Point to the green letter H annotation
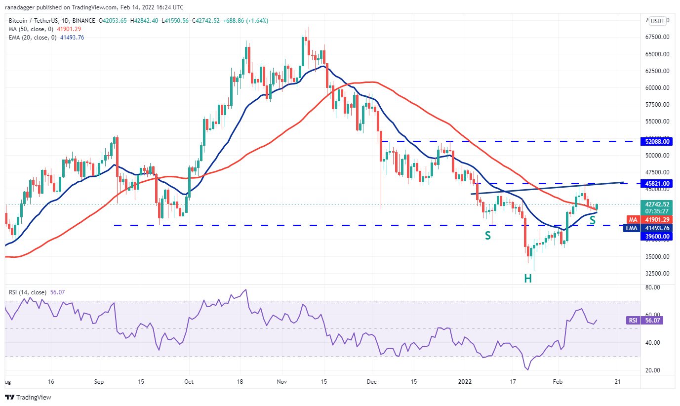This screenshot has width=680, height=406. click(528, 278)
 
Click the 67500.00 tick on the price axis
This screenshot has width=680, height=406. click(657, 37)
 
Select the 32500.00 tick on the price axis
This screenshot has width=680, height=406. click(657, 273)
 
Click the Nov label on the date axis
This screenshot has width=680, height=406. click(281, 382)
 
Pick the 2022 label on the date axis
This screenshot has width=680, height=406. click(465, 382)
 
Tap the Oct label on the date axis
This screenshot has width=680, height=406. click(188, 382)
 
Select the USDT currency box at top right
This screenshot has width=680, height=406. click(657, 21)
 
